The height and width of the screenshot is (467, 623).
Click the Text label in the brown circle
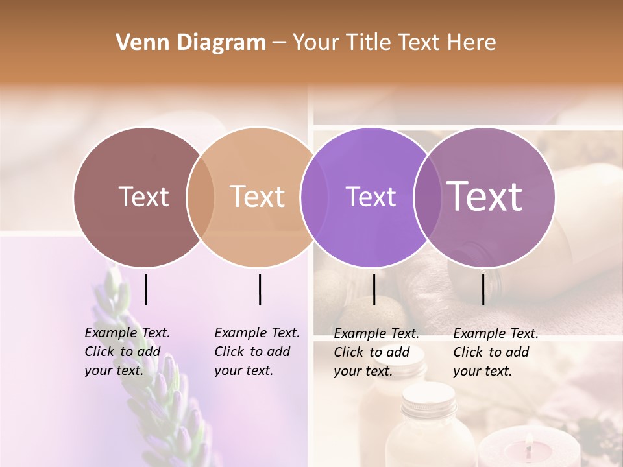(x=143, y=197)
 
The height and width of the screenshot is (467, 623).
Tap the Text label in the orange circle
(x=258, y=197)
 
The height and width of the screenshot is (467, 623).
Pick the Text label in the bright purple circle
(x=371, y=197)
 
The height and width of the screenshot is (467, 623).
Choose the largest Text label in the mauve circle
(x=485, y=197)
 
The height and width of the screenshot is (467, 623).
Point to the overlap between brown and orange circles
(x=201, y=197)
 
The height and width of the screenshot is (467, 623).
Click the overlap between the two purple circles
(x=427, y=197)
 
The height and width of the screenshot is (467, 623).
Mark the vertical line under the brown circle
(x=146, y=289)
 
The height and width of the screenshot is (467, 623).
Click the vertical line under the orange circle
(x=260, y=289)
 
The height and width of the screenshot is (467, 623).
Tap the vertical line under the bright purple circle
(x=374, y=289)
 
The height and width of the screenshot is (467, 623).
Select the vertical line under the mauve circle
(x=483, y=289)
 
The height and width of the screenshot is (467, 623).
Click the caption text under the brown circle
(x=127, y=352)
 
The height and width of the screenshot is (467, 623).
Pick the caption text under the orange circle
(x=257, y=352)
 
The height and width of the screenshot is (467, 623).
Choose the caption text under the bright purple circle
(x=376, y=352)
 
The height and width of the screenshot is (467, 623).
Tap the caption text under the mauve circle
(x=496, y=352)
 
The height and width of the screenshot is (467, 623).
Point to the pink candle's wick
(x=530, y=442)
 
